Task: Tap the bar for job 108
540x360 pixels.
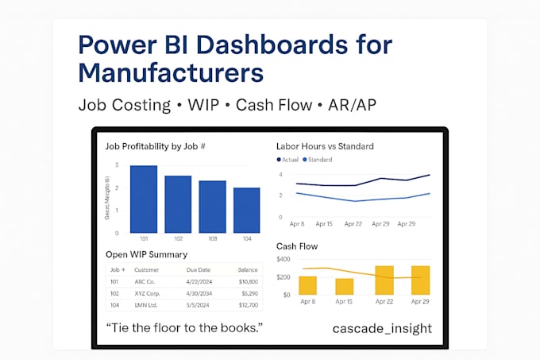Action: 212,207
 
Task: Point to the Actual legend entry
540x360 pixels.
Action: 287,160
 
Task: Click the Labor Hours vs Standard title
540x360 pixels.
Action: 324,146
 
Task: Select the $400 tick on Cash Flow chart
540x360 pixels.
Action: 283,260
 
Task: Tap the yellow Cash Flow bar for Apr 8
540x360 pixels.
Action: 307,285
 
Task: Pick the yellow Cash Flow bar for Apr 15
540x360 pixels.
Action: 345,286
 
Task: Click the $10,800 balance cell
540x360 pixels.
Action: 249,281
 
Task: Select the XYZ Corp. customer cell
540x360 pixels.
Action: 151,292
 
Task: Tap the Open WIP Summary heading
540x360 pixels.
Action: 146,254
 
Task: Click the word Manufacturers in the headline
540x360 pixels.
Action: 170,73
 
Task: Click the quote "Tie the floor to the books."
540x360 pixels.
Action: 183,328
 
